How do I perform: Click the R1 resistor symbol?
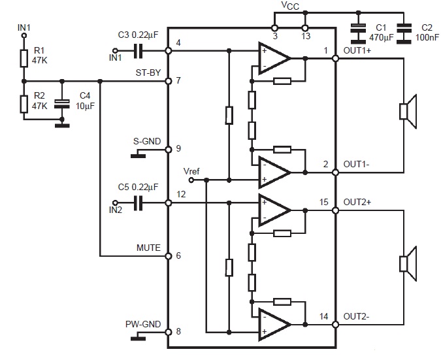coord(24,58)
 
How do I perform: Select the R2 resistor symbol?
coord(24,103)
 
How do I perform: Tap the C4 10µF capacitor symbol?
coord(61,103)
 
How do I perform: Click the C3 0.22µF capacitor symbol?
coord(139,50)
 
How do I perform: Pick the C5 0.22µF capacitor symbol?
coord(139,203)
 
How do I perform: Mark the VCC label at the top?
coord(290,6)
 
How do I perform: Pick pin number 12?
coord(181,194)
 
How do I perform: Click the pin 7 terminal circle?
coord(168,81)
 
